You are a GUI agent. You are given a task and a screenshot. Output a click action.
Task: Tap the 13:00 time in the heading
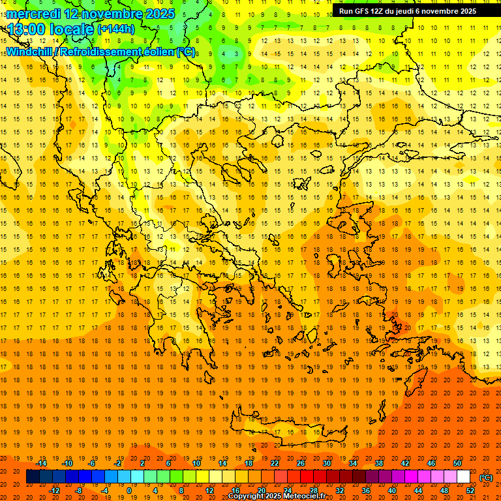pyautogui.click(x=28, y=29)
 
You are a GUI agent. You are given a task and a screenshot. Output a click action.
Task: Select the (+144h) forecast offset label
pyautogui.click(x=116, y=29)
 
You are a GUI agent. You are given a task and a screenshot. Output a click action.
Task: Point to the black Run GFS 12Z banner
pyautogui.click(x=408, y=11)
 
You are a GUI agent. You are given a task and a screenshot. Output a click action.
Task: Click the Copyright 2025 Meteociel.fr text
pyautogui.click(x=277, y=496)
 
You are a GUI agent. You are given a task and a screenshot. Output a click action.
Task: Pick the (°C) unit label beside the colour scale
pyautogui.click(x=486, y=478)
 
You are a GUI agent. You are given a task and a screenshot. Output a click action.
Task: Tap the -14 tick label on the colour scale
pyautogui.click(x=41, y=463)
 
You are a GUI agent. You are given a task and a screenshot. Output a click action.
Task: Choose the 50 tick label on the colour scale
pyautogui.click(x=457, y=463)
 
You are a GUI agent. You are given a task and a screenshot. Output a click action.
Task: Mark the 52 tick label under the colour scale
pyautogui.click(x=470, y=490)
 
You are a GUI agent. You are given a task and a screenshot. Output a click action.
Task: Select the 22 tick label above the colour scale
pyautogui.click(x=275, y=463)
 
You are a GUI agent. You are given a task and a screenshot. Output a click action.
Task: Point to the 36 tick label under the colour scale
pyautogui.click(x=366, y=490)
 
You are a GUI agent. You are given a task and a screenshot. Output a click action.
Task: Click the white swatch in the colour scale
pyautogui.click(x=463, y=477)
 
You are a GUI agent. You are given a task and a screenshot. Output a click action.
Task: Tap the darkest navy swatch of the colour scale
pyautogui.click(x=33, y=477)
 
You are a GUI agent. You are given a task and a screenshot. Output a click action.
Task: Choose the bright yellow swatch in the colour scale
pyautogui.click(x=202, y=477)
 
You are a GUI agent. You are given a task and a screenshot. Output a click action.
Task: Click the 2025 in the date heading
pyautogui.click(x=160, y=14)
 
